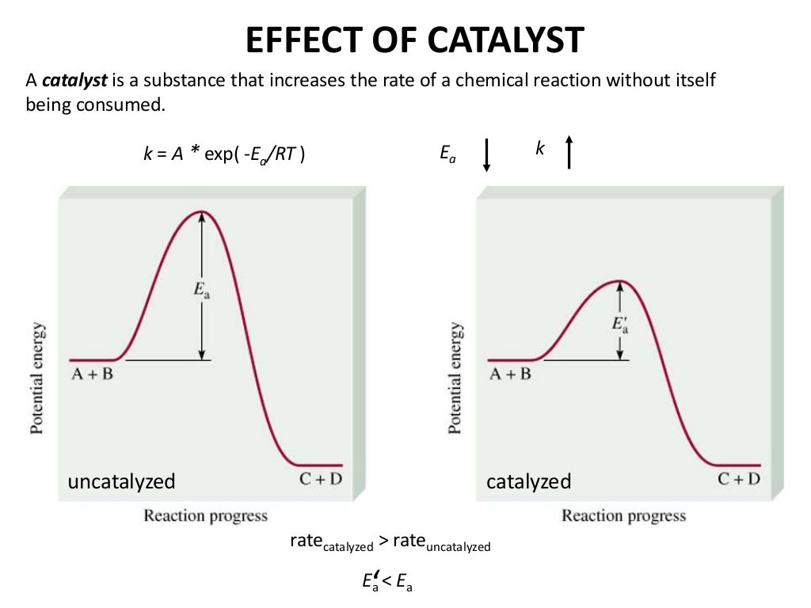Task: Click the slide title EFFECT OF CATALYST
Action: coord(415,40)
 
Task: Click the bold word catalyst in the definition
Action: coord(67,81)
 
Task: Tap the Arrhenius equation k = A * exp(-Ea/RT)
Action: coord(224,154)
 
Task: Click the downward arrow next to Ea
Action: coord(487,154)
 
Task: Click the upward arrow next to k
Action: coord(569,151)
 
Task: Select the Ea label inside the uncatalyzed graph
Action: coord(202,291)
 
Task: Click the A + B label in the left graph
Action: coord(91,374)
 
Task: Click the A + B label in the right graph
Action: coord(510,374)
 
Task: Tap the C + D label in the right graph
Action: coord(739,479)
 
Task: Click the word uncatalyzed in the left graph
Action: coord(121,481)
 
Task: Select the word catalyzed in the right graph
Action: coord(528,481)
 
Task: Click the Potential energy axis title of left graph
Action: coord(37,377)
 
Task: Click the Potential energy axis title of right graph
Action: coord(455,377)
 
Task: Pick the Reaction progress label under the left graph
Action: coord(205,516)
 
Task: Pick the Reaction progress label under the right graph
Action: coord(623,516)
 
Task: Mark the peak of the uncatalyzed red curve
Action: coord(203,212)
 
